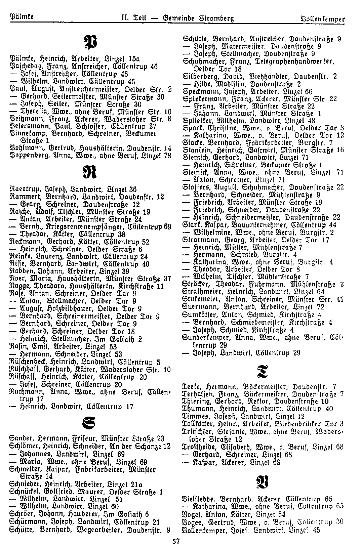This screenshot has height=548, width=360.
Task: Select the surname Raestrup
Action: click(22, 189)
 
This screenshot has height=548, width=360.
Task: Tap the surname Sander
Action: click(19, 439)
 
